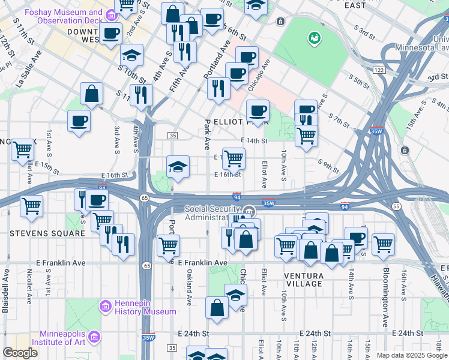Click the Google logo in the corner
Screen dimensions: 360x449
tap(20, 353)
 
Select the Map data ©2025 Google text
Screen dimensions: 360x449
tap(412, 355)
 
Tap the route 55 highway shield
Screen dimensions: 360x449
tap(397, 206)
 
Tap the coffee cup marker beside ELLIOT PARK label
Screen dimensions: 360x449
tap(258, 110)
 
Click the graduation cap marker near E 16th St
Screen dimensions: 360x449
tap(178, 166)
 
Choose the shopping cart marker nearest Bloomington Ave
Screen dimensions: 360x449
tap(382, 244)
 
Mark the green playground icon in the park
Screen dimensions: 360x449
tap(313, 40)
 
